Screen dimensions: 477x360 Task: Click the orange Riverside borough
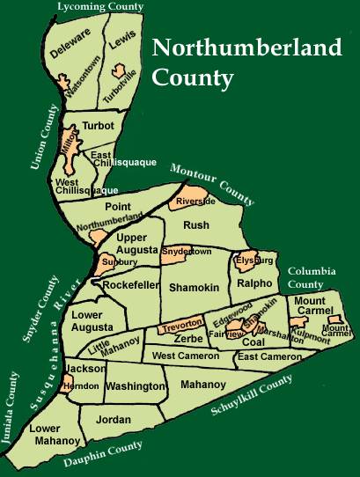tap(195, 200)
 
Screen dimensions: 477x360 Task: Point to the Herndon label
tap(82, 386)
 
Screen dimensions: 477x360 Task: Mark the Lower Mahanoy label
tap(56, 435)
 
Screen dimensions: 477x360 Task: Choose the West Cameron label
tap(185, 356)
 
